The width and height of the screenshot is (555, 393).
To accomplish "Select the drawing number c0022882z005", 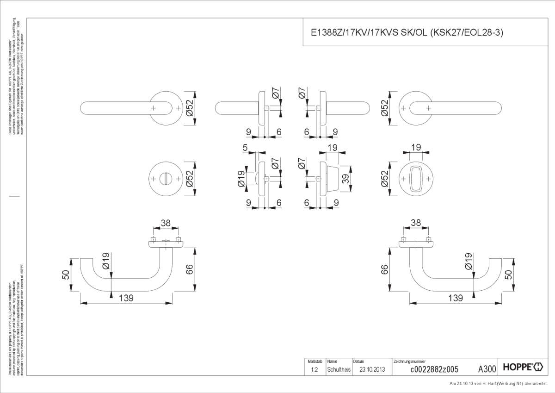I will point(434,369).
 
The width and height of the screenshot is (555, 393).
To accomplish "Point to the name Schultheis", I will point(339,369).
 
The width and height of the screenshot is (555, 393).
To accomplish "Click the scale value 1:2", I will point(314,369).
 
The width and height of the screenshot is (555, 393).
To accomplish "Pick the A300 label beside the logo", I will point(487,369).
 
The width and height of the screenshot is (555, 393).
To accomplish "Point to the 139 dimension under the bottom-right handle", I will point(455,299).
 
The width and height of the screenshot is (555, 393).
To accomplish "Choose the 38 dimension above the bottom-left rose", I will point(166,223).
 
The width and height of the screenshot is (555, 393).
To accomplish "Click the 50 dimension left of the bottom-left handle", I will point(67,275).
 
